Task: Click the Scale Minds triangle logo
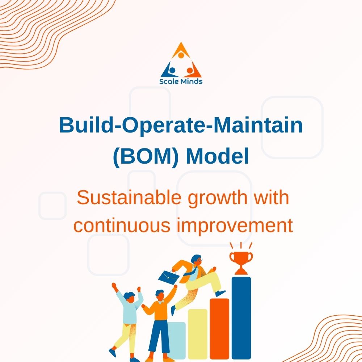point(181,60)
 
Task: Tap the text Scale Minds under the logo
point(181,81)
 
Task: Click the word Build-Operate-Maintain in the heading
point(181,125)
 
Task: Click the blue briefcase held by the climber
point(169,277)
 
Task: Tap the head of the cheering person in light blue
point(129,296)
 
